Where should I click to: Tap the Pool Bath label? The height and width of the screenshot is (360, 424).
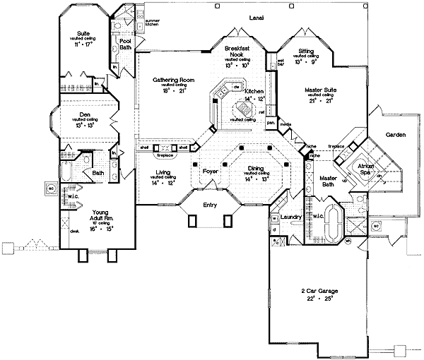tap(126, 44)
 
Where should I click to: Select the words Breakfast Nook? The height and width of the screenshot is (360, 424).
tap(235, 51)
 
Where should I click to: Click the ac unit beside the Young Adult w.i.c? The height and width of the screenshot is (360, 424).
tap(52, 189)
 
